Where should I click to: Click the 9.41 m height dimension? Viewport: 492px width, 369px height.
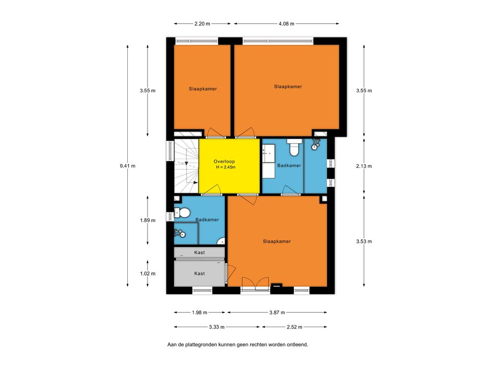127,166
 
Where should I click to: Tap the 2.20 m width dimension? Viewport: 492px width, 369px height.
202,24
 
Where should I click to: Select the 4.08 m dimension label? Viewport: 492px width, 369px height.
286,24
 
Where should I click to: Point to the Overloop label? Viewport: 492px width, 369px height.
224,161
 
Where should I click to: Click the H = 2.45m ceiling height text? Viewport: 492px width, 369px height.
226,167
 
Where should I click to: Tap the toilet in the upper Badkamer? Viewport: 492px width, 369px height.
294,148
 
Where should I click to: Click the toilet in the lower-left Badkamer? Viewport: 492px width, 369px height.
182,213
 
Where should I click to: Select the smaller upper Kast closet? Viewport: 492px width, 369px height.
199,252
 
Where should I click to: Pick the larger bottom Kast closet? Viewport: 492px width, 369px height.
199,273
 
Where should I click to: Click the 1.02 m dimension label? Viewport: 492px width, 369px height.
148,273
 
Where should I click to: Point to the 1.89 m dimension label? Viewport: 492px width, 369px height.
148,220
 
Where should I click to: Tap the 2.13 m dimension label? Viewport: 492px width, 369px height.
364,166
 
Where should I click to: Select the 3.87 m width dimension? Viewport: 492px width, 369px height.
277,312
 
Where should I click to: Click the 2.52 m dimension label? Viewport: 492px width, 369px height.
295,327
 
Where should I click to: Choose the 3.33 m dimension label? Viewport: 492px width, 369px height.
217,327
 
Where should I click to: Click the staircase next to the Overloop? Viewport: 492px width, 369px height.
186,166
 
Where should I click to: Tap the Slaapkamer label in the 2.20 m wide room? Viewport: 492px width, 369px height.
203,89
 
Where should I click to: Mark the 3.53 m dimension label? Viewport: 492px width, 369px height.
364,241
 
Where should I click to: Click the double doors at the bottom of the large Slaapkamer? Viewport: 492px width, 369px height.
255,283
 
